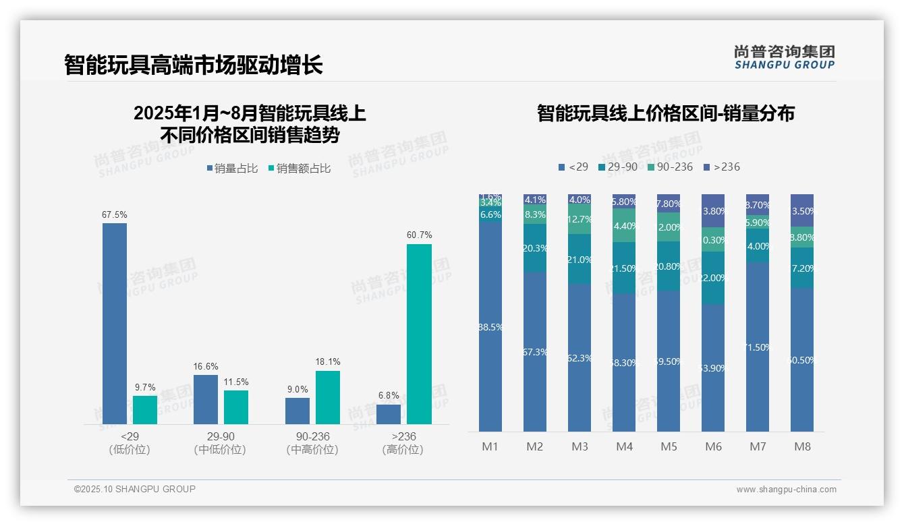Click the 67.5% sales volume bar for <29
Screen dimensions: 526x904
(x=115, y=324)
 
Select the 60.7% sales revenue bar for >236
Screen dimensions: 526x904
(x=419, y=334)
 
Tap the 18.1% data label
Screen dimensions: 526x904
(x=328, y=362)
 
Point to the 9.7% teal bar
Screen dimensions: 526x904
(x=145, y=410)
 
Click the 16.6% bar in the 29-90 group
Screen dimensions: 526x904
(x=206, y=399)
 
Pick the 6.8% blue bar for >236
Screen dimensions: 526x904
(x=389, y=414)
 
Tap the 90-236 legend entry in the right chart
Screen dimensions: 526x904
(x=670, y=167)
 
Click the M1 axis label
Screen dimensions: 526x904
(x=490, y=446)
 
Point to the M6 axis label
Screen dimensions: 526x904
(x=713, y=446)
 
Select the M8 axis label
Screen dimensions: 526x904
(x=802, y=446)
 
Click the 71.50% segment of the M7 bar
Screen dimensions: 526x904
(x=758, y=347)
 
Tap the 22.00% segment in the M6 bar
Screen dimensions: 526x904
(x=713, y=278)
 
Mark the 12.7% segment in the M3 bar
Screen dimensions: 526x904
(x=580, y=221)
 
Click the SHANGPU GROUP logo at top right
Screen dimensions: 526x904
(x=784, y=57)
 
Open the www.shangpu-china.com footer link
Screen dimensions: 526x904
(x=786, y=490)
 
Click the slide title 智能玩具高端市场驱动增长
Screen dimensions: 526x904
(x=194, y=65)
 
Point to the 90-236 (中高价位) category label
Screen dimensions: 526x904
(x=312, y=443)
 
